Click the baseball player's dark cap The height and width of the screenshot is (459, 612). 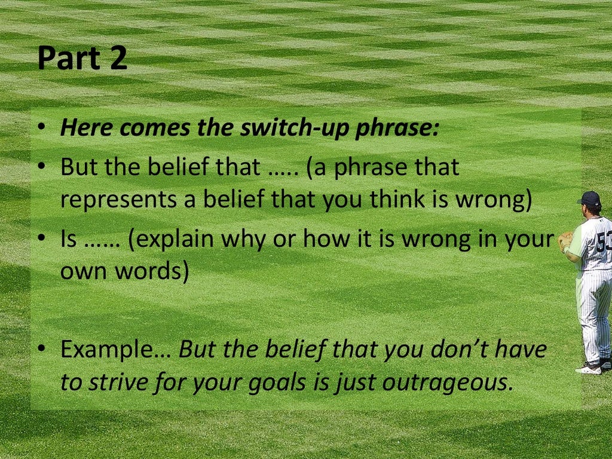[x=590, y=198]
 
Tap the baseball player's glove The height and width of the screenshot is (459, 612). [x=565, y=241]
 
